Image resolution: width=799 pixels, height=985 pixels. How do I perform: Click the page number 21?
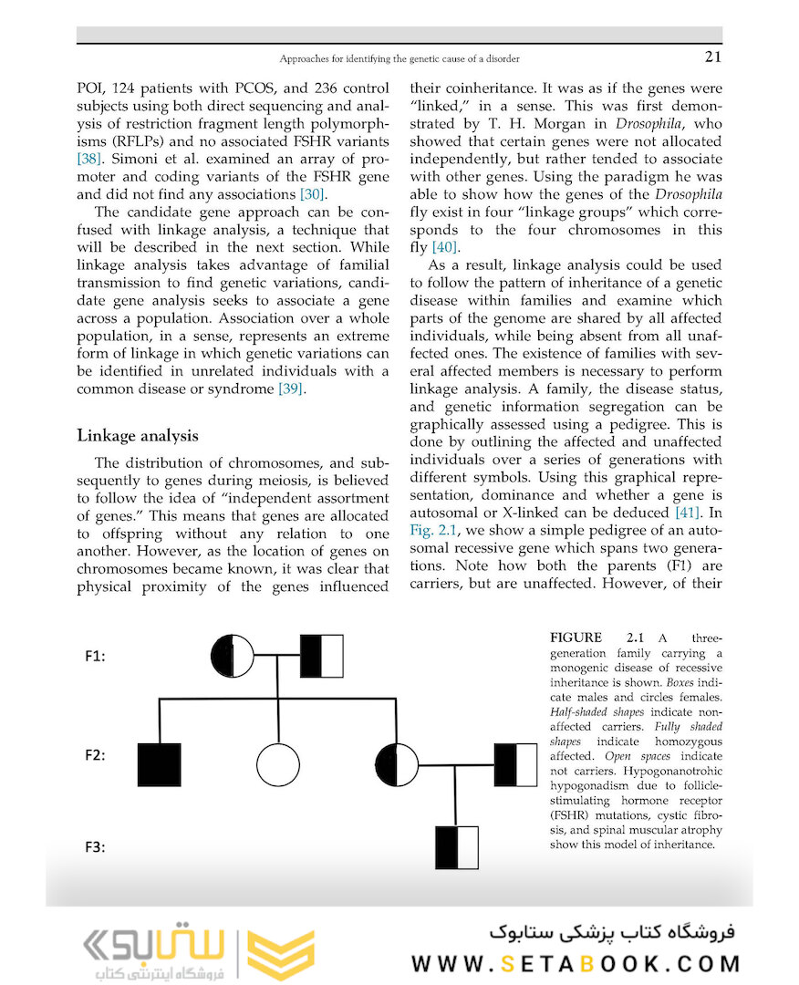pyautogui.click(x=712, y=58)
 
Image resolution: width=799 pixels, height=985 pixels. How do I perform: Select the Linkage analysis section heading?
pyautogui.click(x=137, y=435)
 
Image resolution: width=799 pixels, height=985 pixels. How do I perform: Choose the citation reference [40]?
pyautogui.click(x=445, y=247)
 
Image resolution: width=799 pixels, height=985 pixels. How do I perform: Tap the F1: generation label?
pyautogui.click(x=98, y=656)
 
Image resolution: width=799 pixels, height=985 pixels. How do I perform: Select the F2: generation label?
pyautogui.click(x=98, y=755)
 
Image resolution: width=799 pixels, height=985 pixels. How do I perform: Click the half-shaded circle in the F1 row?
pyautogui.click(x=233, y=655)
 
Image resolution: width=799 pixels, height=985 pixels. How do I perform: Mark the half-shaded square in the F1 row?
pyautogui.click(x=322, y=655)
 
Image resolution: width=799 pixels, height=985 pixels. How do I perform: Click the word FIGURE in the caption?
pyautogui.click(x=576, y=638)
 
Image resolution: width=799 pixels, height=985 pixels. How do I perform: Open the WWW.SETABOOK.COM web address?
pyautogui.click(x=576, y=964)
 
